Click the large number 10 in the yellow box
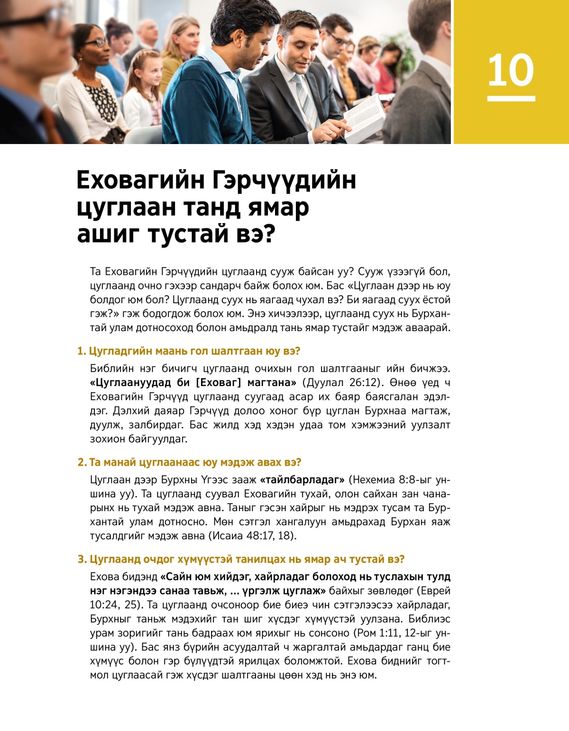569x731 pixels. pyautogui.click(x=511, y=71)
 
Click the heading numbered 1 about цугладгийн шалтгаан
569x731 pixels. pyautogui.click(x=189, y=351)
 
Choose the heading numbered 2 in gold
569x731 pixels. pyautogui.click(x=189, y=462)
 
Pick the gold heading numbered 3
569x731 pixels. pyautogui.click(x=241, y=560)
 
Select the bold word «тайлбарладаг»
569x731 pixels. pyautogui.click(x=302, y=480)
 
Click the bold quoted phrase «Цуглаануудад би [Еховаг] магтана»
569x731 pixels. pyautogui.click(x=193, y=382)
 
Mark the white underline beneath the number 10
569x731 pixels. pyautogui.click(x=511, y=99)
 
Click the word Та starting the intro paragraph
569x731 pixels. pyautogui.click(x=95, y=272)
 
